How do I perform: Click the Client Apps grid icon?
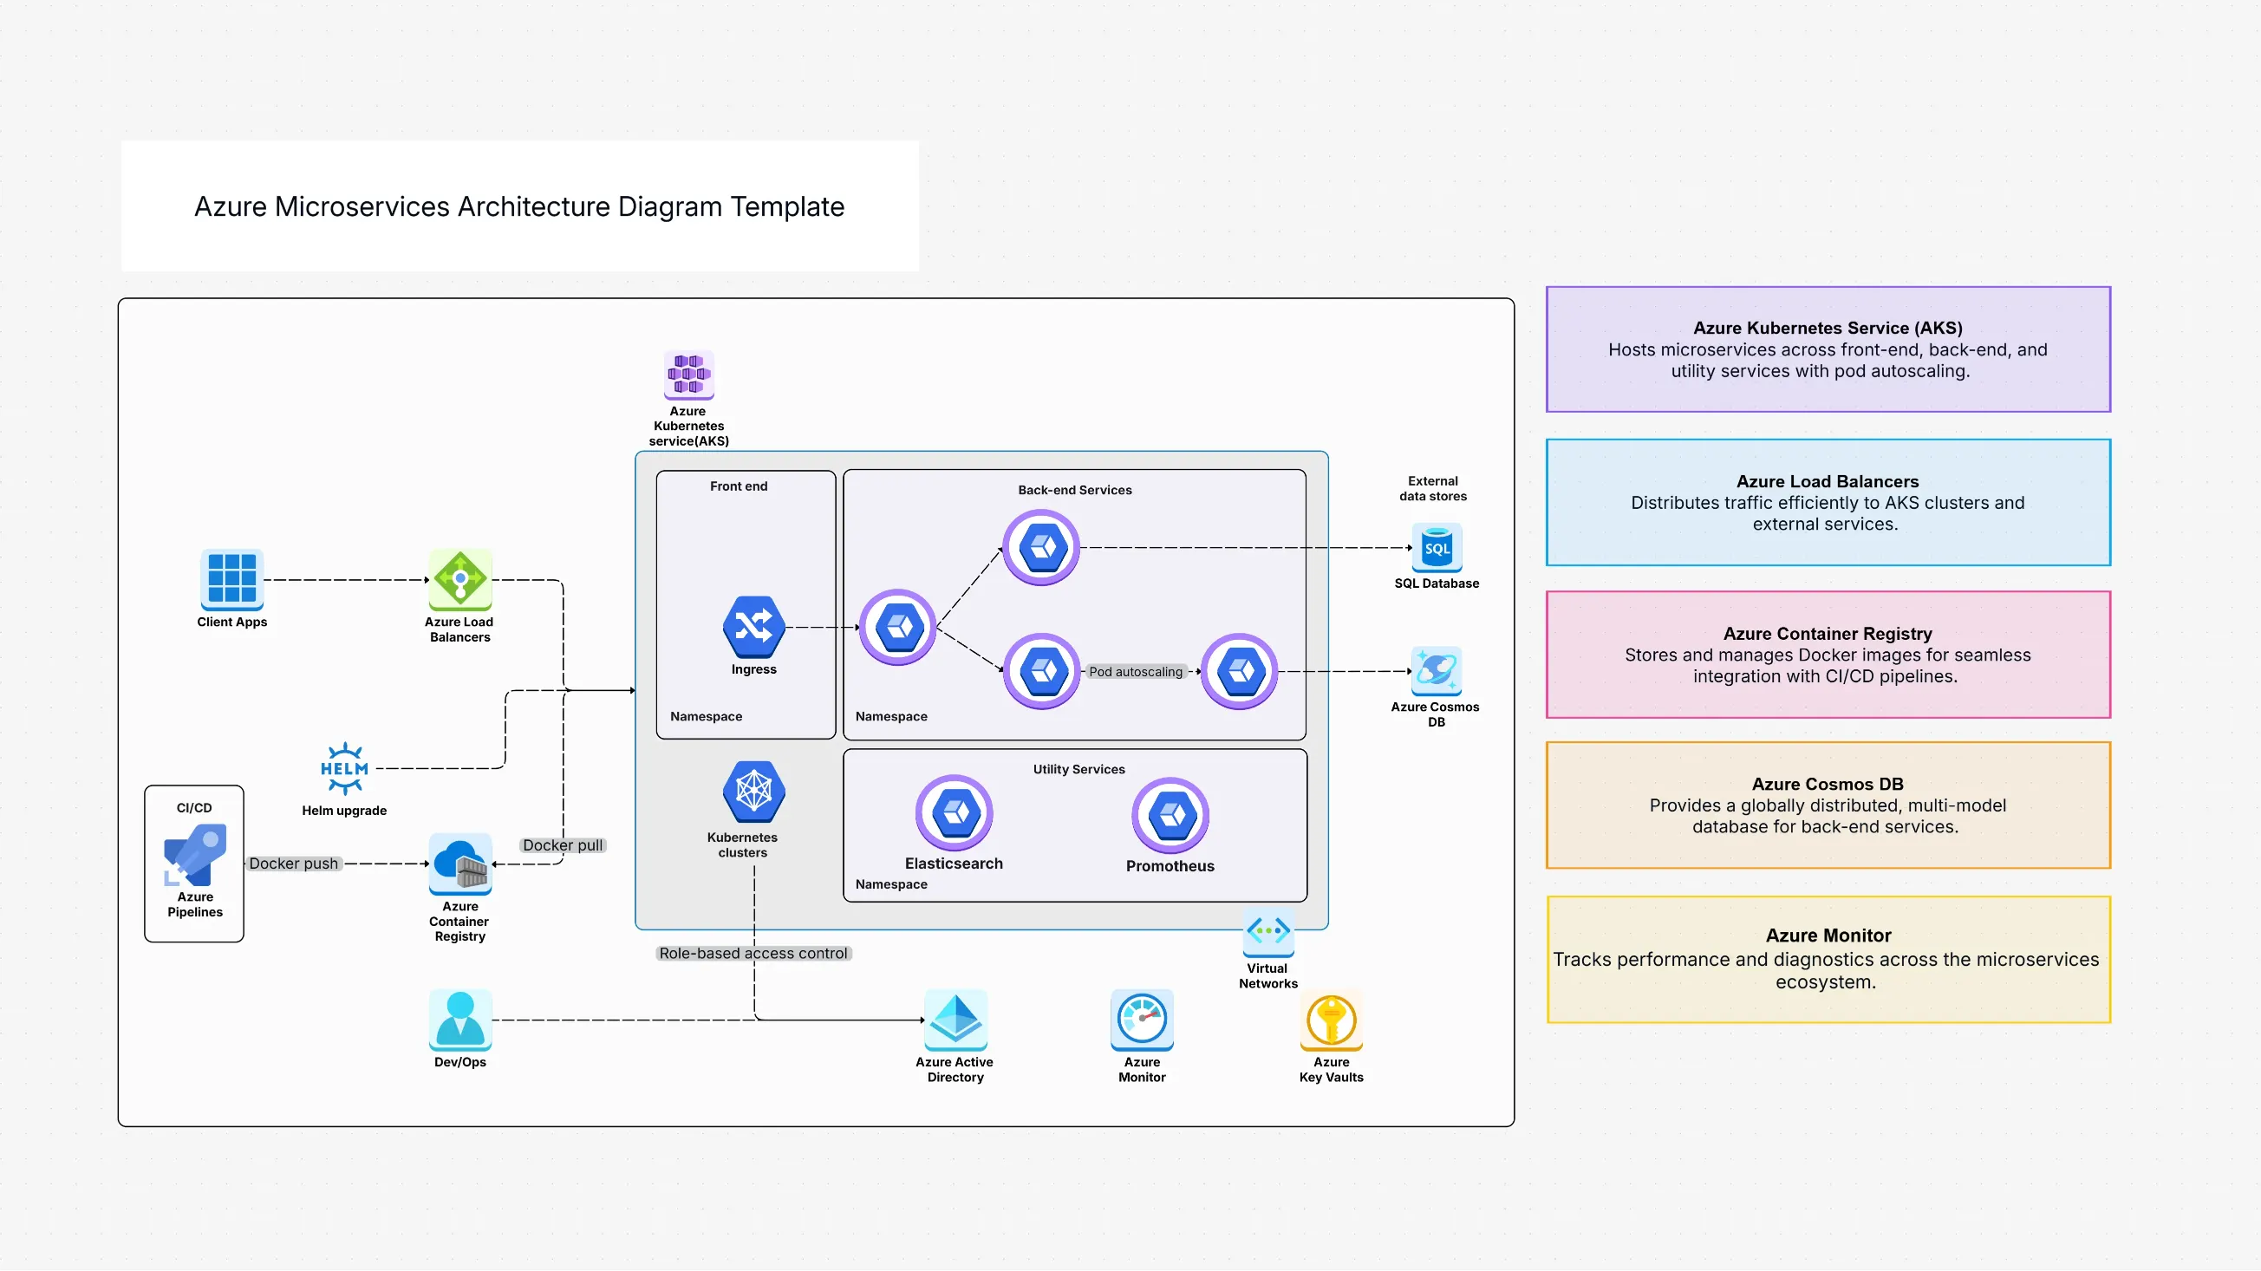231,578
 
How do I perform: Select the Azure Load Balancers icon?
460,578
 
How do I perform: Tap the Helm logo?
344,768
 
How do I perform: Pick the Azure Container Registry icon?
460,863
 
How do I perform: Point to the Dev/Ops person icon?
460,1019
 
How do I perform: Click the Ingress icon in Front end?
753,627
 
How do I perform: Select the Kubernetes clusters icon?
753,791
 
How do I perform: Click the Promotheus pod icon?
1170,815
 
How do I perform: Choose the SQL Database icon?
1436,548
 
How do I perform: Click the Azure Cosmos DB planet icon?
1436,670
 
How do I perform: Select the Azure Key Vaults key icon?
1331,1019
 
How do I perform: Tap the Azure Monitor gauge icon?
1142,1019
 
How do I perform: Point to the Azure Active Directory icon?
955,1019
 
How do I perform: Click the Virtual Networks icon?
1267,931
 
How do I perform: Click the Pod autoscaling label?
1135,672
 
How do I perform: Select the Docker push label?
293,864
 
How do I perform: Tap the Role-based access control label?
753,954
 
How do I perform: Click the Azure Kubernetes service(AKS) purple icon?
688,375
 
